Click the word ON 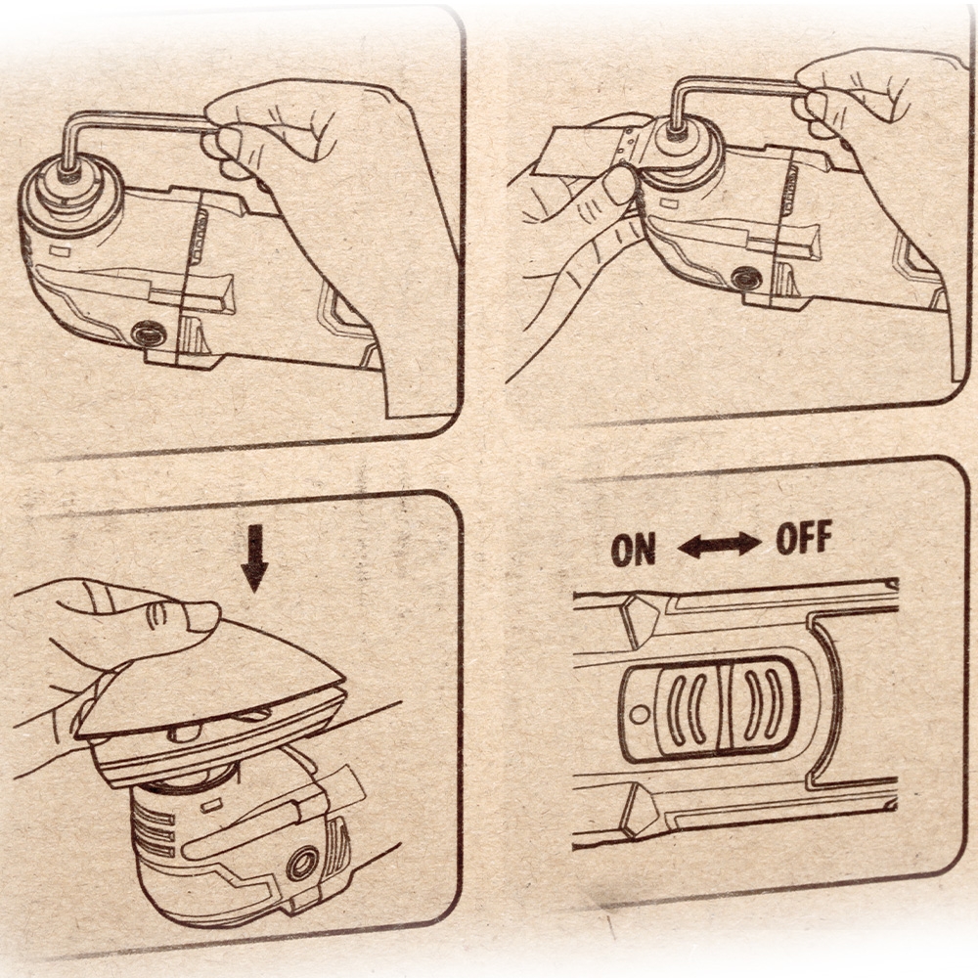coord(634,550)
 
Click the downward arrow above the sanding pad coord(254,558)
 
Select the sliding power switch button coord(710,710)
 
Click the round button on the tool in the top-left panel coord(148,333)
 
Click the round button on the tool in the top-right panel coord(744,277)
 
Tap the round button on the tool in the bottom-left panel coord(302,866)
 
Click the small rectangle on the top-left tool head coord(60,252)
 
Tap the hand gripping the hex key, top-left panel coord(312,175)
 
